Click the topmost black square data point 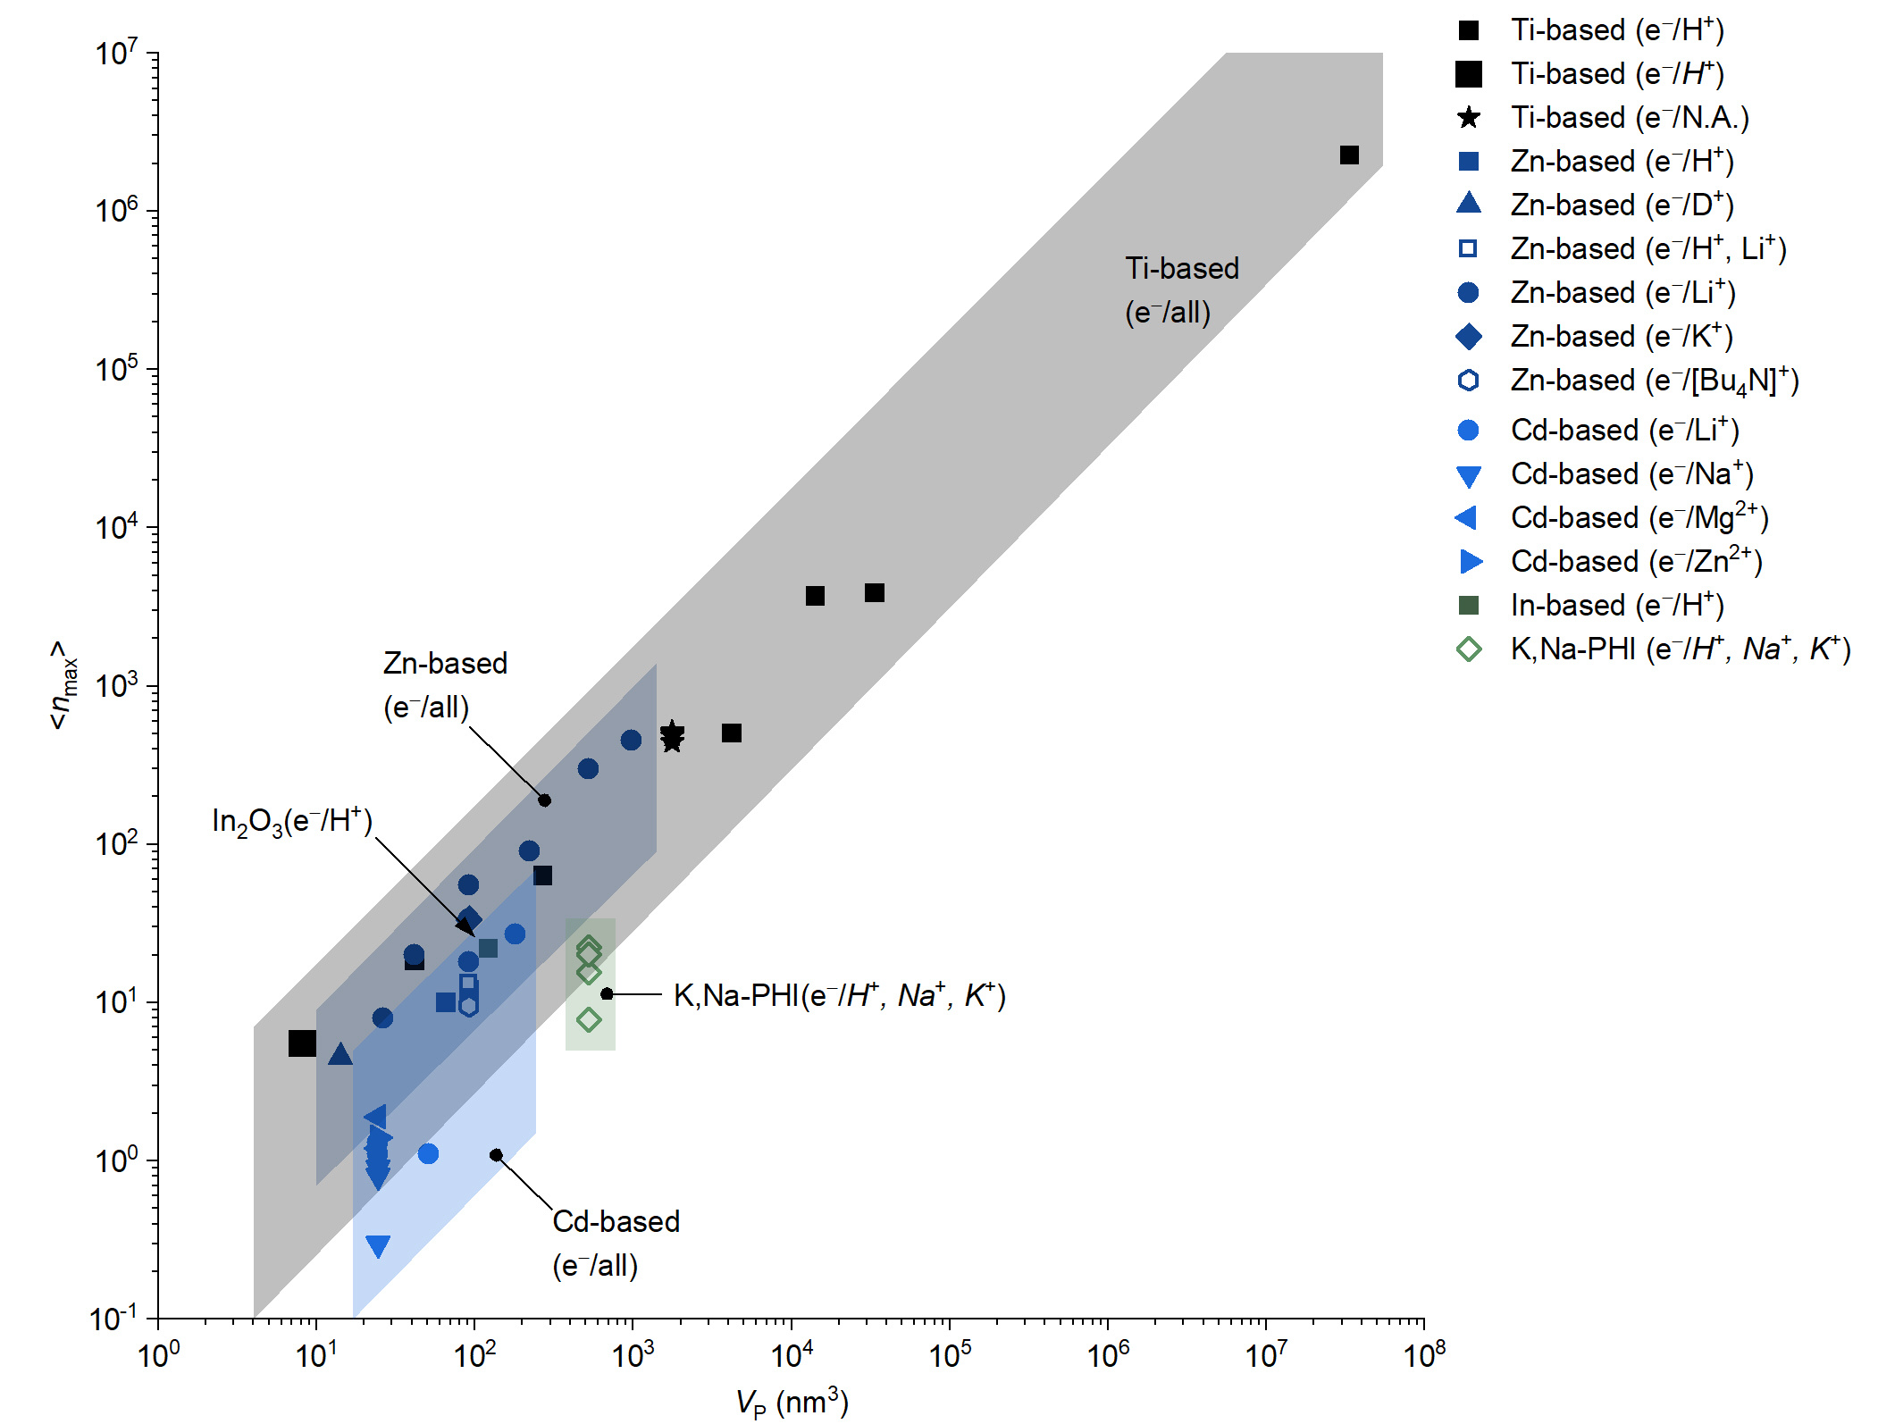point(1349,155)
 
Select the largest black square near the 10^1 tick point(302,1043)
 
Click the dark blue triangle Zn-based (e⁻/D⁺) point point(340,1055)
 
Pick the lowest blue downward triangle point point(378,1246)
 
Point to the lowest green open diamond point(589,1019)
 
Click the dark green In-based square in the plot point(488,948)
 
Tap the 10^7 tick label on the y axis point(117,54)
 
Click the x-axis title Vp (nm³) point(792,1402)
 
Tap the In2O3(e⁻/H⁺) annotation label point(292,821)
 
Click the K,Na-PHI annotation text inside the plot point(839,995)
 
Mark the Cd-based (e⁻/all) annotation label point(616,1243)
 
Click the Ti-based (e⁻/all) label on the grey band point(1181,290)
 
